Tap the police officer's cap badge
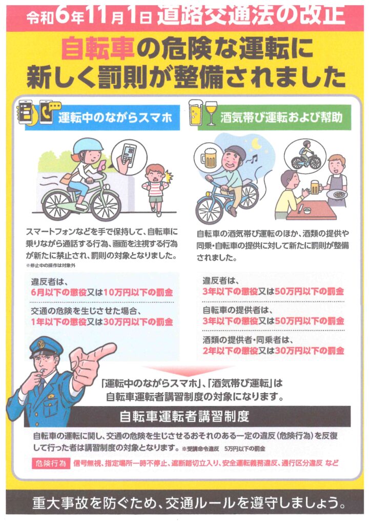(41, 344)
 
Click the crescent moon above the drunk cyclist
(256, 144)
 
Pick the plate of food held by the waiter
(338, 194)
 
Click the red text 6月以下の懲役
(59, 292)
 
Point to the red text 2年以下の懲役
(230, 351)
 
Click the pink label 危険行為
(51, 463)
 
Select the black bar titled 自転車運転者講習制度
(188, 416)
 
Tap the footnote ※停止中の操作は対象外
(51, 266)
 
